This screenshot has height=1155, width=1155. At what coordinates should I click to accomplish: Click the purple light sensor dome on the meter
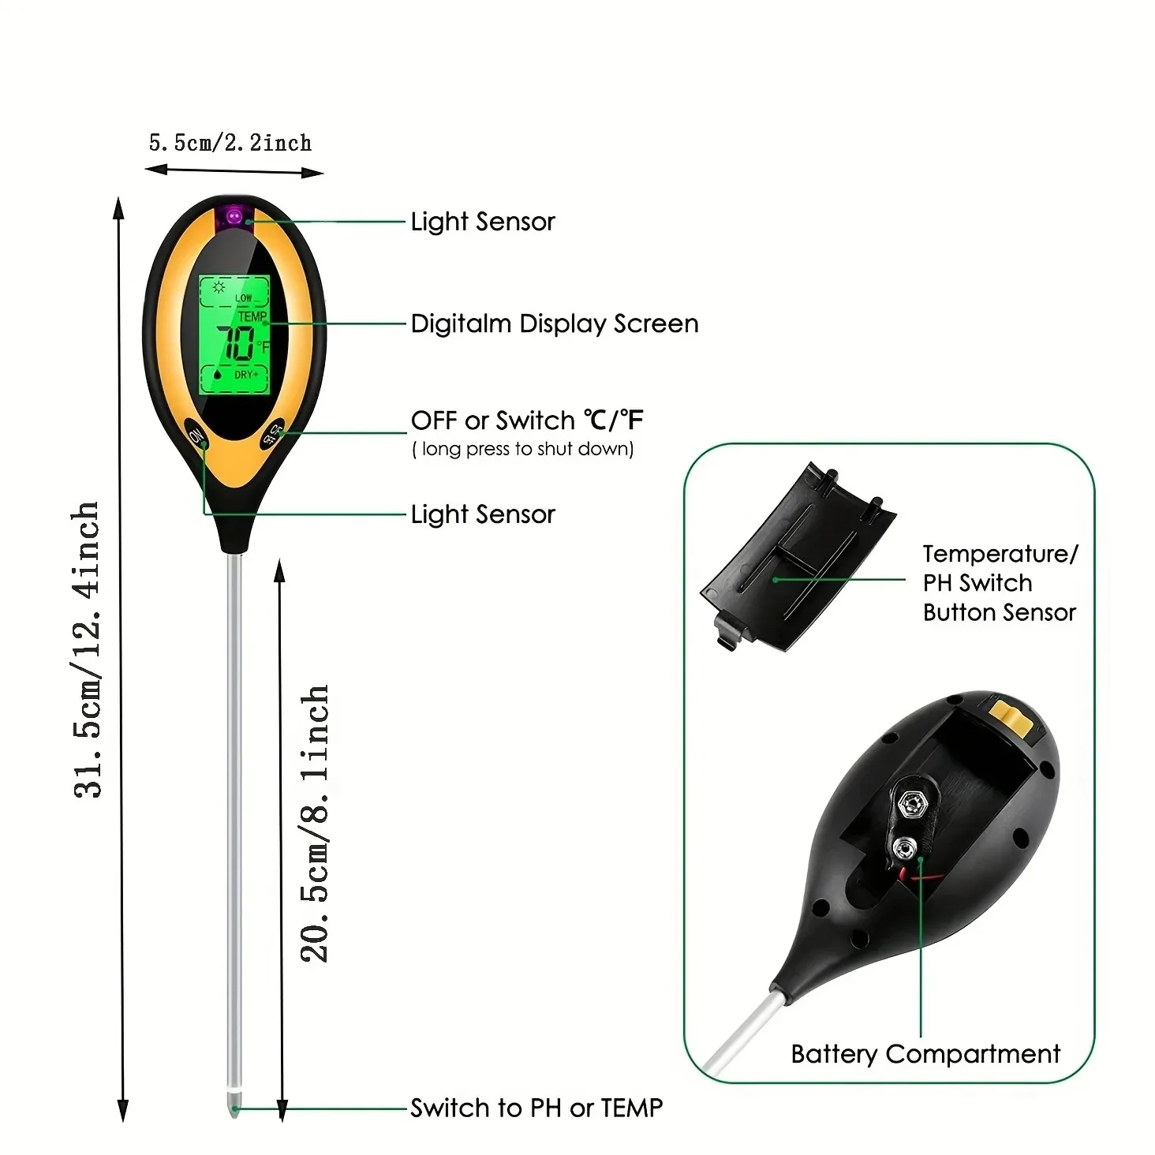pyautogui.click(x=234, y=215)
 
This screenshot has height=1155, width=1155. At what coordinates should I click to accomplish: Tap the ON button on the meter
pyautogui.click(x=196, y=435)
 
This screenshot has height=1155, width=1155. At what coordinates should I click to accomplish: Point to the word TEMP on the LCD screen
pyautogui.click(x=252, y=316)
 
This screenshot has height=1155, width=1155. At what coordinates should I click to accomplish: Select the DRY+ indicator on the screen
pyautogui.click(x=245, y=374)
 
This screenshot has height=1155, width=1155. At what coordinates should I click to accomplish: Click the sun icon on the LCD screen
pyautogui.click(x=219, y=287)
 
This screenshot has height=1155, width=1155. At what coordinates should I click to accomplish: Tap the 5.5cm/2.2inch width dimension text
pyautogui.click(x=230, y=143)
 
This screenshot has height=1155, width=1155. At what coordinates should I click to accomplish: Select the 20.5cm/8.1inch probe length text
pyautogui.click(x=314, y=822)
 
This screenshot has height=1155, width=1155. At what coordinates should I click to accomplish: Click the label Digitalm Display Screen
pyautogui.click(x=555, y=323)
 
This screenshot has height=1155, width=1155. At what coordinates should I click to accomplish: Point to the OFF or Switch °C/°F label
pyautogui.click(x=527, y=421)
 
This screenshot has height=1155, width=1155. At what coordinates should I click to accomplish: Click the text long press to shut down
pyautogui.click(x=523, y=449)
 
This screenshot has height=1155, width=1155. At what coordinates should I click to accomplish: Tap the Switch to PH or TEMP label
pyautogui.click(x=536, y=1108)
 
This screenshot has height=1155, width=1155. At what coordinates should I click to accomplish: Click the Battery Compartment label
pyautogui.click(x=925, y=1054)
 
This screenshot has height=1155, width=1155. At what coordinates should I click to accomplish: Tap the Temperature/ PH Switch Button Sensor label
pyautogui.click(x=1000, y=583)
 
